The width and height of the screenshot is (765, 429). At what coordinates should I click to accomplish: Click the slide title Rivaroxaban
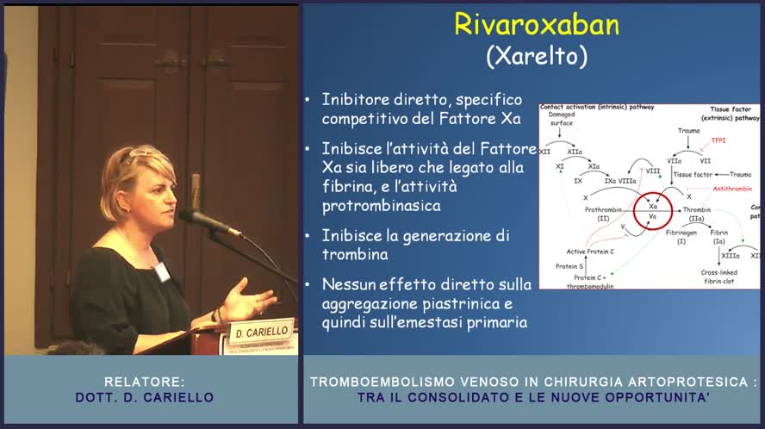click(536, 24)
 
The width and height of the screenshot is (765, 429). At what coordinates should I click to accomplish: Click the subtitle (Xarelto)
click(536, 56)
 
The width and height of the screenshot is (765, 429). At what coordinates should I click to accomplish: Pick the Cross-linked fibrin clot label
click(718, 277)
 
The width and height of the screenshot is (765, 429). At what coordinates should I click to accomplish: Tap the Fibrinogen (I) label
click(681, 237)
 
